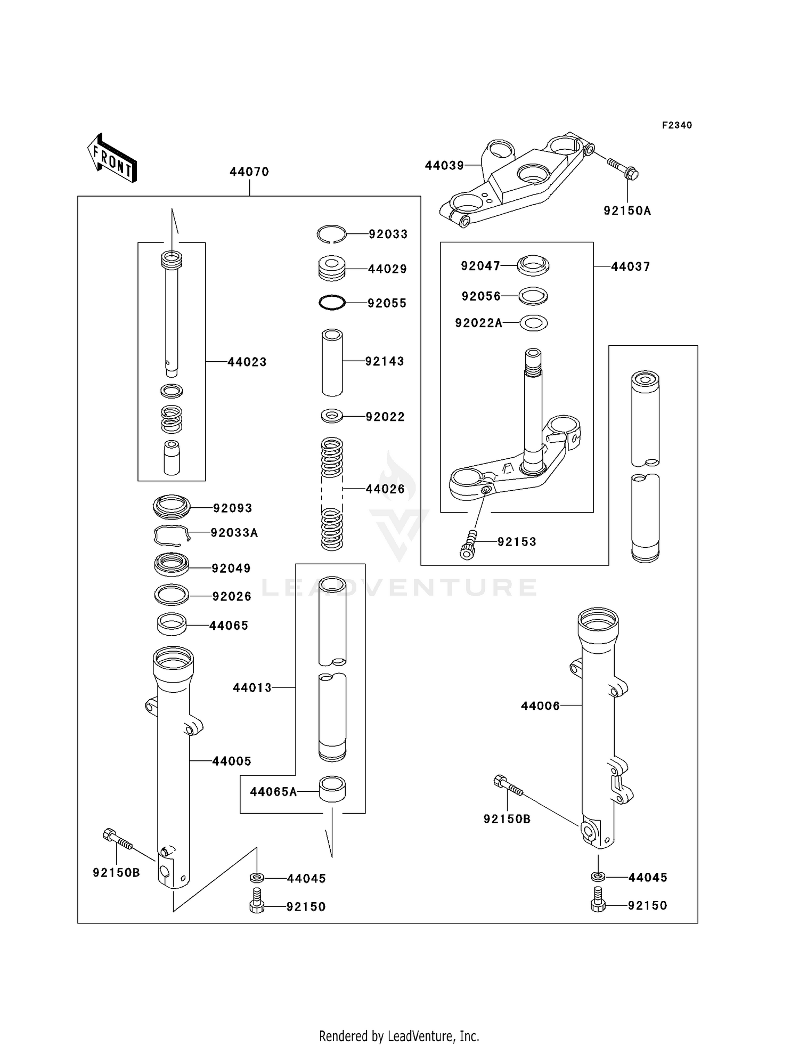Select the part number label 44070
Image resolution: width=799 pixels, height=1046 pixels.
tap(249, 172)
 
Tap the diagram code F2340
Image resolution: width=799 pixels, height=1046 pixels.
tap(676, 125)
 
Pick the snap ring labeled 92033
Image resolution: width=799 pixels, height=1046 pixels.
tap(331, 233)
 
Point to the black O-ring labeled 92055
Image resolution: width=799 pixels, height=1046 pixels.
tap(332, 303)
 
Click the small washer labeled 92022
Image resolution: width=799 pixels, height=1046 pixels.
tap(332, 416)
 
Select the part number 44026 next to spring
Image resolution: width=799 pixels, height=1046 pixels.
tap(385, 489)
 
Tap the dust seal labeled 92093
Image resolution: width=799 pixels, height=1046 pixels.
tap(172, 506)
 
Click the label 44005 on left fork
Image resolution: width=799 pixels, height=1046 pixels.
tap(232, 761)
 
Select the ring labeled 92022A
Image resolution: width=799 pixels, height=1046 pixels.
tap(533, 322)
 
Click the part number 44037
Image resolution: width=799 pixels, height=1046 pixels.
tap(631, 266)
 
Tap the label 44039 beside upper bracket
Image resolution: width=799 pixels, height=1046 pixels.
tap(444, 166)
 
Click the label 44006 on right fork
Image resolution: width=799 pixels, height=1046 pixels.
tap(540, 706)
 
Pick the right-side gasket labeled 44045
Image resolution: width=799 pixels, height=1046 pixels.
tap(598, 877)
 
